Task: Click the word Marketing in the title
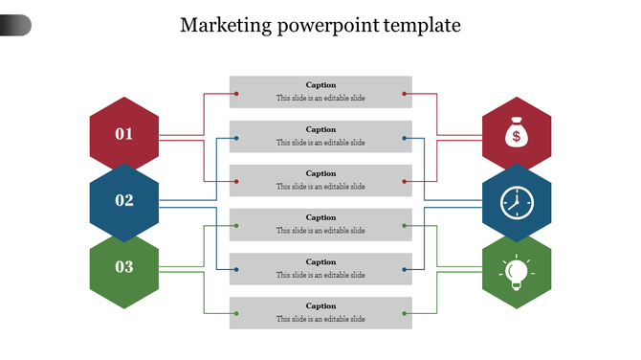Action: pyautogui.click(x=223, y=25)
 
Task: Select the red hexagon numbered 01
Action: pyautogui.click(x=124, y=134)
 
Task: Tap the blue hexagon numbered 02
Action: pyautogui.click(x=124, y=201)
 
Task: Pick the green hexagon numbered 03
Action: pyautogui.click(x=124, y=267)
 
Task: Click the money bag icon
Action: pyautogui.click(x=517, y=134)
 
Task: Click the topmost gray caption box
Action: pyautogui.click(x=320, y=92)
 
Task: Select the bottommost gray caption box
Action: pyautogui.click(x=320, y=313)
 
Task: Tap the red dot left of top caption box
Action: pyautogui.click(x=236, y=94)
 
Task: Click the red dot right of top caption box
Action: pyautogui.click(x=405, y=94)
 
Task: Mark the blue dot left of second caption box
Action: pyautogui.click(x=236, y=138)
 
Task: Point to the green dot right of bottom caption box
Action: pyautogui.click(x=405, y=313)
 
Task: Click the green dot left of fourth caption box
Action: pyautogui.click(x=236, y=226)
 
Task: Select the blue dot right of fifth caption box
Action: pyautogui.click(x=405, y=270)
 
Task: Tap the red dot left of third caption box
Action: pyautogui.click(x=236, y=181)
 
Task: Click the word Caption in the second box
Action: pyautogui.click(x=320, y=129)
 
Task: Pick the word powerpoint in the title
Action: pyautogui.click(x=327, y=26)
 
